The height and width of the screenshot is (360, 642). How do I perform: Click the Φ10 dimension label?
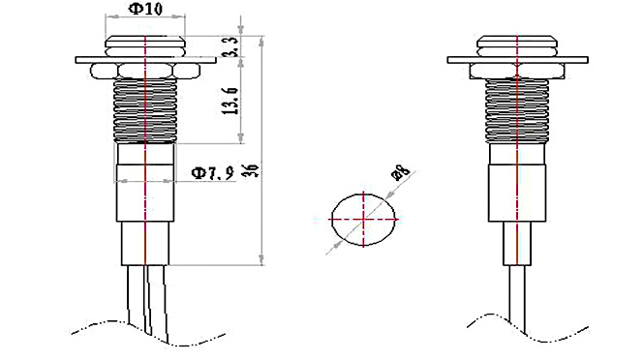(145, 9)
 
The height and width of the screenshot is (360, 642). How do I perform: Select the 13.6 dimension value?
(230, 101)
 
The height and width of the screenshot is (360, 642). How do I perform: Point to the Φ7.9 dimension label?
(212, 173)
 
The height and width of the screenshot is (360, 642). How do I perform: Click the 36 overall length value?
(251, 170)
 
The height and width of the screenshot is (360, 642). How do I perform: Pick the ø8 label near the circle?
(401, 172)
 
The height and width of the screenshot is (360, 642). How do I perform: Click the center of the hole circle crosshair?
(363, 220)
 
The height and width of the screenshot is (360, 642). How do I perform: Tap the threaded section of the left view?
(145, 110)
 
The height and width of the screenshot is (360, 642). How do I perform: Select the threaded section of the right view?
(517, 110)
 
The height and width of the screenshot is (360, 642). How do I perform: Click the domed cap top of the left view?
(145, 46)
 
